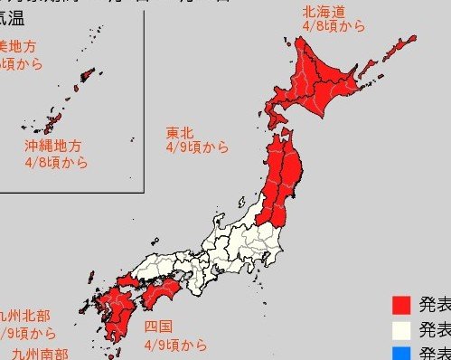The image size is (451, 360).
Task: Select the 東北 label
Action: pyautogui.click(x=179, y=132)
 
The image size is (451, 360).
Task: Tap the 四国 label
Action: pyautogui.click(x=158, y=327)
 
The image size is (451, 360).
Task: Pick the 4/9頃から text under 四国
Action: pyautogui.click(x=174, y=345)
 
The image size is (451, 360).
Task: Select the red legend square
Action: pyautogui.click(x=402, y=304)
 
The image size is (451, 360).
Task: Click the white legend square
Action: pyautogui.click(x=402, y=328)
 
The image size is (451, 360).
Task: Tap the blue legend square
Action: pyautogui.click(x=402, y=353)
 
